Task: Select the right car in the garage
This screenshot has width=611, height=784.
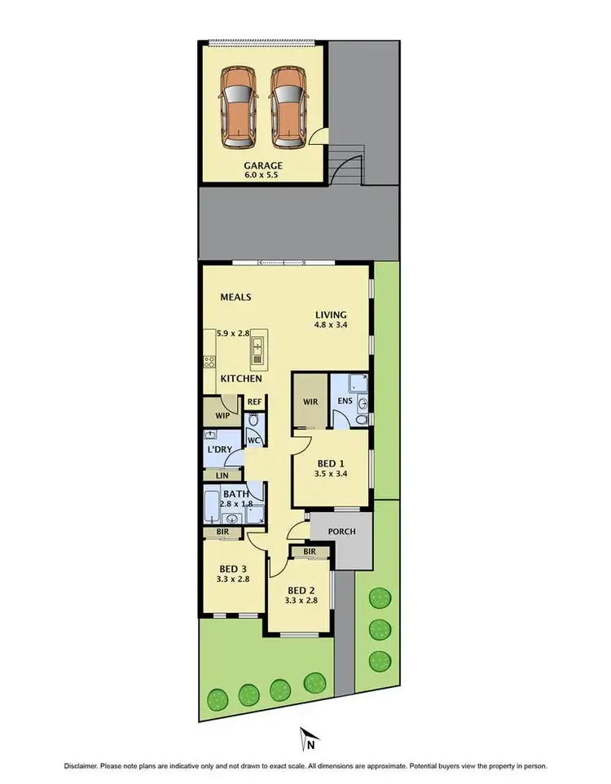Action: [x=288, y=107]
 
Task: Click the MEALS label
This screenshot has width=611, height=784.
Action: [x=235, y=297]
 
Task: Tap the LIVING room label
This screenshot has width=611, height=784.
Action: [x=332, y=314]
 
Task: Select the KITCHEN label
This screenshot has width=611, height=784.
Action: [x=242, y=379]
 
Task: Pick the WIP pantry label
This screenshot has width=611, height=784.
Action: [x=222, y=415]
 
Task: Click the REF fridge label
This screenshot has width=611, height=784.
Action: [x=254, y=401]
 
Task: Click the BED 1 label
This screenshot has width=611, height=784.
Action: [x=331, y=462]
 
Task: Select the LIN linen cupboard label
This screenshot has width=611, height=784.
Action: [x=221, y=475]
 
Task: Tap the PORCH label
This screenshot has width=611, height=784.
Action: [x=341, y=532]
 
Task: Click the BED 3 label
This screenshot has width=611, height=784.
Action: [x=233, y=568]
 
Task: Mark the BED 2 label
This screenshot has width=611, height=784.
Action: [x=301, y=590]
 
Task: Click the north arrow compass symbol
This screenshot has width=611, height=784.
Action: [x=307, y=739]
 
